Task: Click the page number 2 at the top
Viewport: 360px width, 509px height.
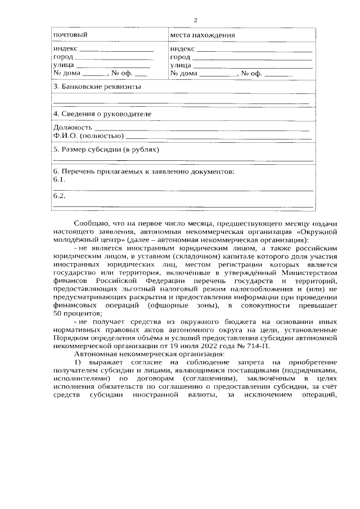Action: click(x=195, y=21)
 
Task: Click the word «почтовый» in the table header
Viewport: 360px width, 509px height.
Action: click(x=70, y=35)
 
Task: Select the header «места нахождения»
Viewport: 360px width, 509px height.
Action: click(x=202, y=35)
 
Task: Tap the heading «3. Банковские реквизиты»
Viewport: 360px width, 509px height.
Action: click(x=97, y=87)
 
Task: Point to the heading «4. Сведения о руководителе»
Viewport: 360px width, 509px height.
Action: click(x=102, y=114)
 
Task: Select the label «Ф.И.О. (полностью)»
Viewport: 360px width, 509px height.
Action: click(x=88, y=136)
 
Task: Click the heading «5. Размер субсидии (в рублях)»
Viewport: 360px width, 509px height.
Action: click(x=106, y=150)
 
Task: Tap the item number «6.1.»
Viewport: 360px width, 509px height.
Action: click(x=59, y=179)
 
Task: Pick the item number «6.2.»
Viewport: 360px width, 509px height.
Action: click(x=59, y=196)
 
